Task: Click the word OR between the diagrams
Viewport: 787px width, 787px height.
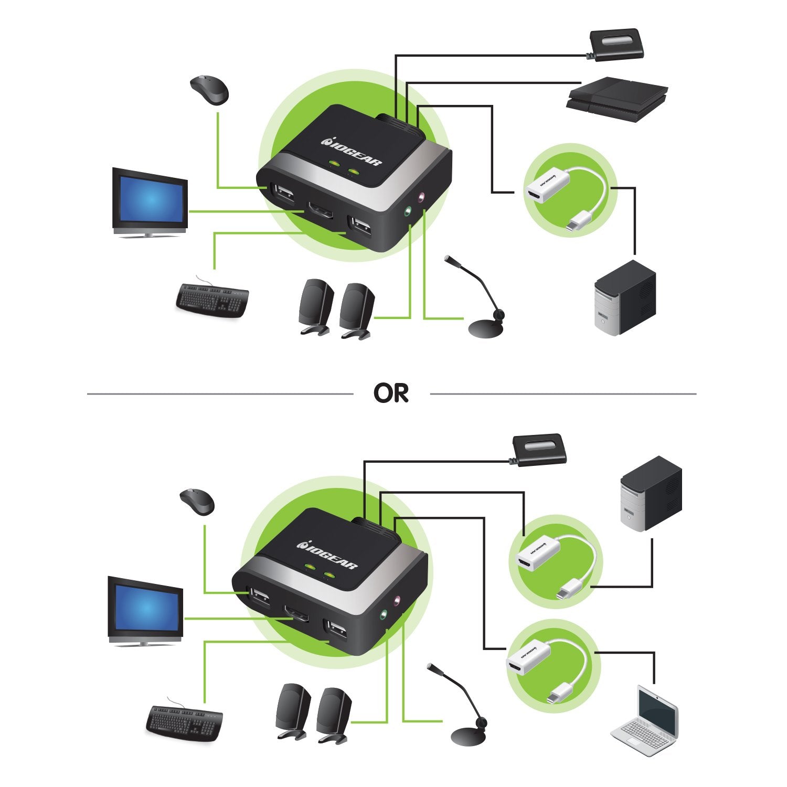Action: click(x=391, y=393)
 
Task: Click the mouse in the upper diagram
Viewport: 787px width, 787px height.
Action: click(x=209, y=90)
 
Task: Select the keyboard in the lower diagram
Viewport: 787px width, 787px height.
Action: click(x=184, y=722)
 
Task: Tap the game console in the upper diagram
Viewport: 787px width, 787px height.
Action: click(x=617, y=99)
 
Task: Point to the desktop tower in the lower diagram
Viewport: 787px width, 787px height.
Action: click(x=651, y=493)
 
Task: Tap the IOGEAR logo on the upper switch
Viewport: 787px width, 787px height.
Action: click(x=352, y=152)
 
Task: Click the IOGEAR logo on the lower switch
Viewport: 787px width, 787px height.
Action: click(x=328, y=556)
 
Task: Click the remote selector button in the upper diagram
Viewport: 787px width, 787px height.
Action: click(x=617, y=45)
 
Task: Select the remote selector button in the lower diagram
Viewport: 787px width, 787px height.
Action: click(x=539, y=450)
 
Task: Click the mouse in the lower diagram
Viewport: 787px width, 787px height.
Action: click(x=197, y=501)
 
